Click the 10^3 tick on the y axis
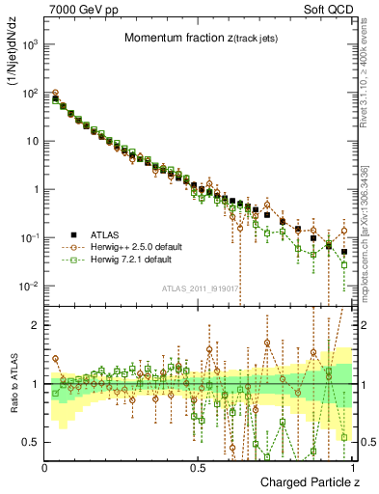31,45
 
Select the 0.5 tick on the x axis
197,466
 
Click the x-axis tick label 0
45,466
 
